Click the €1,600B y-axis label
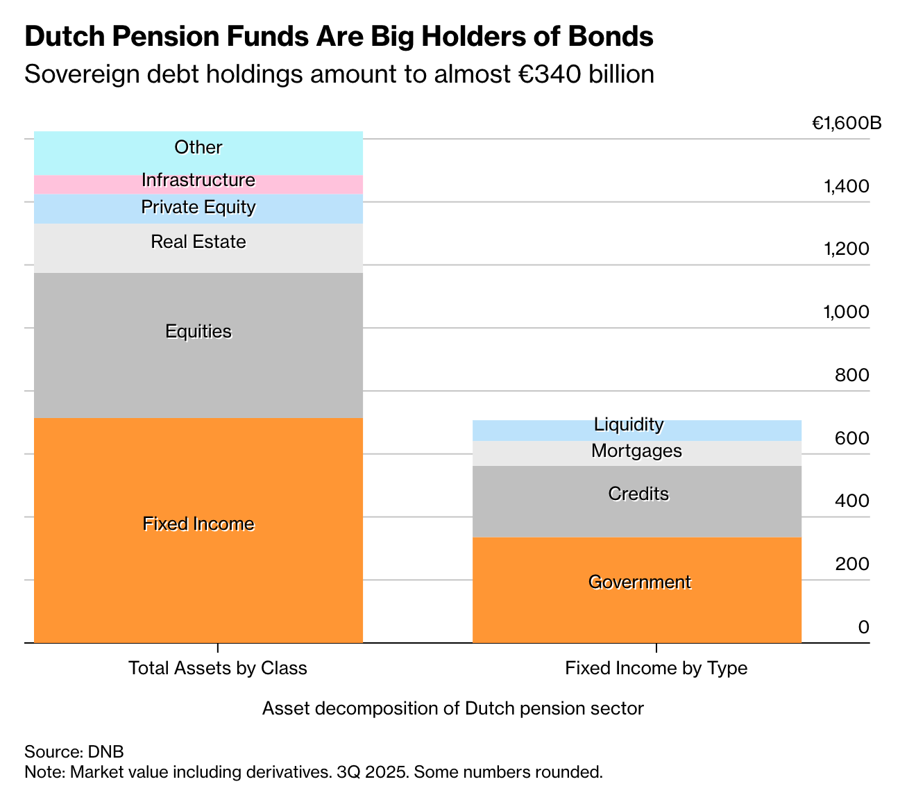(847, 124)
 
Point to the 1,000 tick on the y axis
(846, 312)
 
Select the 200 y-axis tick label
(851, 564)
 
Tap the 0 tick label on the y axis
(863, 627)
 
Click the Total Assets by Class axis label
(218, 668)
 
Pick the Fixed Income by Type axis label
(656, 668)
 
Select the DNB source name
(105, 751)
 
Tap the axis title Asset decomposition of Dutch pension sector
(453, 708)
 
